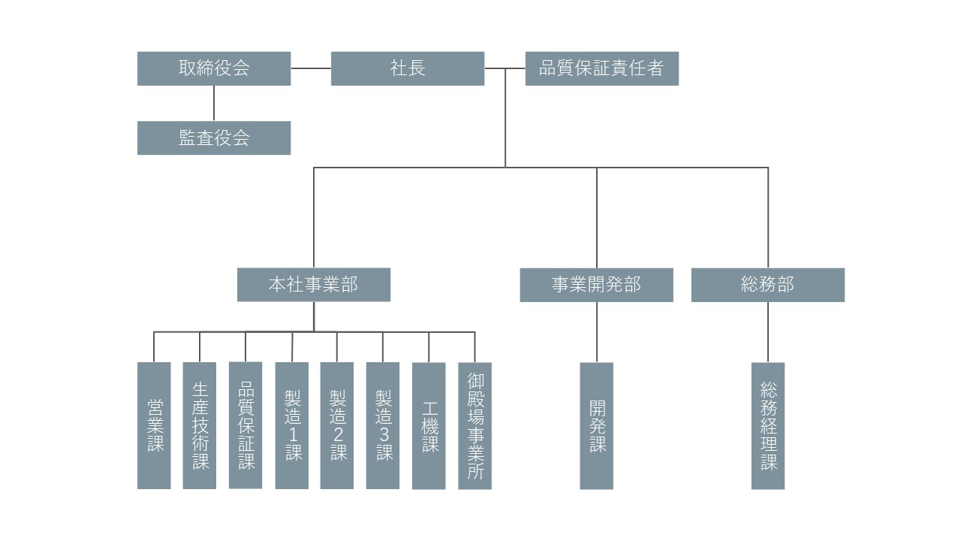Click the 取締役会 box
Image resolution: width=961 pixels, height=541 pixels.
point(214,68)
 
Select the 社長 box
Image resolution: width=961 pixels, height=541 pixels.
point(408,68)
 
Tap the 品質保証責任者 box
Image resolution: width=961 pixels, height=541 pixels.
point(601,68)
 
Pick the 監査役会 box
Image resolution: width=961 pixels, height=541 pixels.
point(214,138)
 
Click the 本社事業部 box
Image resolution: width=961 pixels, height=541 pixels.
point(314,285)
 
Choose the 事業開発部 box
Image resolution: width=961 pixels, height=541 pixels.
point(597,285)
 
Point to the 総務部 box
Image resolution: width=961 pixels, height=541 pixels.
point(767,285)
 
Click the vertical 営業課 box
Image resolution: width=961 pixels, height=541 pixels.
point(154,425)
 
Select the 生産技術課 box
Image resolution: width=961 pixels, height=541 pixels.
point(200,425)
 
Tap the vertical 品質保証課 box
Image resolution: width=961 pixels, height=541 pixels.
point(246,425)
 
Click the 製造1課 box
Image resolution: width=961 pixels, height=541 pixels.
point(291,425)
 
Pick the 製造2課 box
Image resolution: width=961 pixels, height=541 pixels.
point(337,425)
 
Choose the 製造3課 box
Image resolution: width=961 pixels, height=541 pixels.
point(383,425)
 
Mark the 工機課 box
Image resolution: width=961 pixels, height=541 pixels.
point(429,425)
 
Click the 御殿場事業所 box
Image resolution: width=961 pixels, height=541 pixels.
point(474,425)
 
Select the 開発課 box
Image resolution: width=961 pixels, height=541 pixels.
point(597,425)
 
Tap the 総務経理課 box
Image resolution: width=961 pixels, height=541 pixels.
point(768,425)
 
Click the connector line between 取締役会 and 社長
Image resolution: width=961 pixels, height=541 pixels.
point(311,68)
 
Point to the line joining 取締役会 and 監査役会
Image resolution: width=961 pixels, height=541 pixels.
point(214,103)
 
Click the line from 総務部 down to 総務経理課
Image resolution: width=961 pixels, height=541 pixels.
point(768,332)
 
